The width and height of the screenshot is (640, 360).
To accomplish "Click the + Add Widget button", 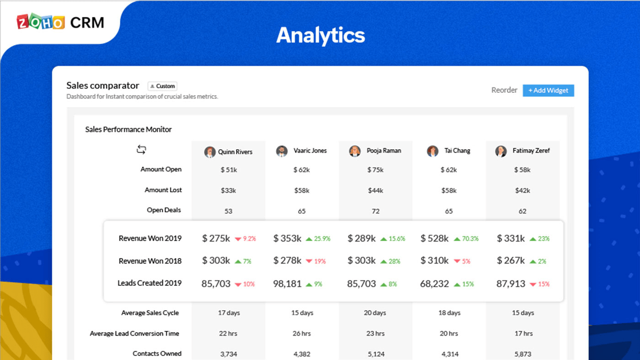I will (x=548, y=91).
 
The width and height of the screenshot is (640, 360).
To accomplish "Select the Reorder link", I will (x=504, y=90).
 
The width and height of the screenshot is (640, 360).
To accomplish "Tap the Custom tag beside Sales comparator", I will (x=162, y=86).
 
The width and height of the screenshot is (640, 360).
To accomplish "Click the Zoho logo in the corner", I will (x=41, y=22).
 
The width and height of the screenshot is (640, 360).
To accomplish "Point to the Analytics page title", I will (x=320, y=35).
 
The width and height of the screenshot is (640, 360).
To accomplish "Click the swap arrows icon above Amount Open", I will (x=141, y=150).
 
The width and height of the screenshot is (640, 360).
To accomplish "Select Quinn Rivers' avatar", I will (x=210, y=152).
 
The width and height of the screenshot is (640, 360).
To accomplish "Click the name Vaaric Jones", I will (x=310, y=150).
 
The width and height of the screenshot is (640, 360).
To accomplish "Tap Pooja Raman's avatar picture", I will (x=355, y=151).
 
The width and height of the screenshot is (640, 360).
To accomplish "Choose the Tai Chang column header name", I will (x=457, y=150).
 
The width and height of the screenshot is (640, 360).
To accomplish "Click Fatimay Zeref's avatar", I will (x=501, y=151).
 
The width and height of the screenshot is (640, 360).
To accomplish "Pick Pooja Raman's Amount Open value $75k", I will (x=375, y=170).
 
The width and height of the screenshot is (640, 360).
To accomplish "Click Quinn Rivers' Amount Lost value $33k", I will (x=228, y=190).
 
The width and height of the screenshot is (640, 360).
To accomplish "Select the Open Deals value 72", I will (x=375, y=211).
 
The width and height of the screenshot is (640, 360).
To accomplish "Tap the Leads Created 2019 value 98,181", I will (x=287, y=284).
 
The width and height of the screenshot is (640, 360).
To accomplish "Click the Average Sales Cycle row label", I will (x=150, y=313).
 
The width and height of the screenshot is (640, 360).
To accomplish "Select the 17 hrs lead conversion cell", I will (x=523, y=333).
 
